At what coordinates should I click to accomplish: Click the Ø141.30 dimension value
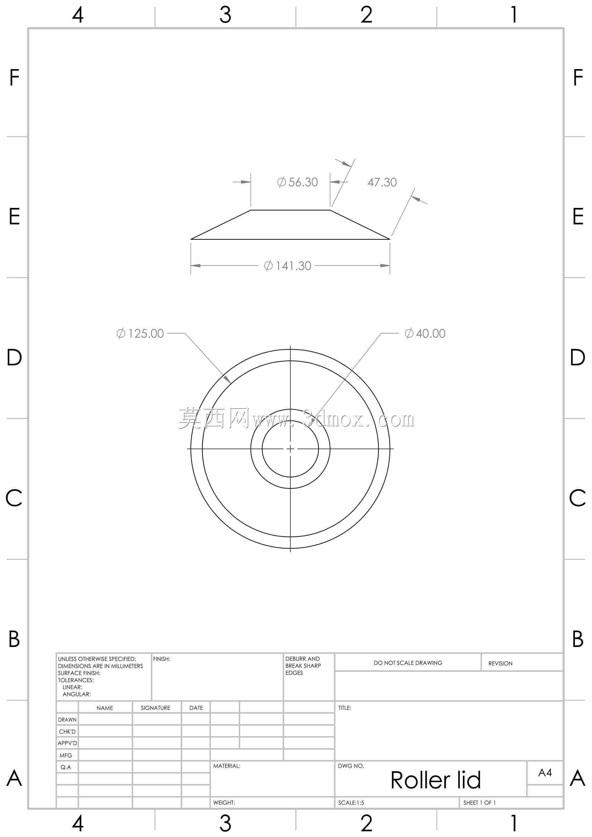287,266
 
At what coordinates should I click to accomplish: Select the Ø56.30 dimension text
297,182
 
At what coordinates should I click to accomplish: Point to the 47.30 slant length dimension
382,182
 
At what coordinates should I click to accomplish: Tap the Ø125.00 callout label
140,333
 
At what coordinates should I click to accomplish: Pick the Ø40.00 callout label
425,333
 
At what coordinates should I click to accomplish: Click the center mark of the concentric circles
290,449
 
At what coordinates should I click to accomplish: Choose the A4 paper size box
545,773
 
